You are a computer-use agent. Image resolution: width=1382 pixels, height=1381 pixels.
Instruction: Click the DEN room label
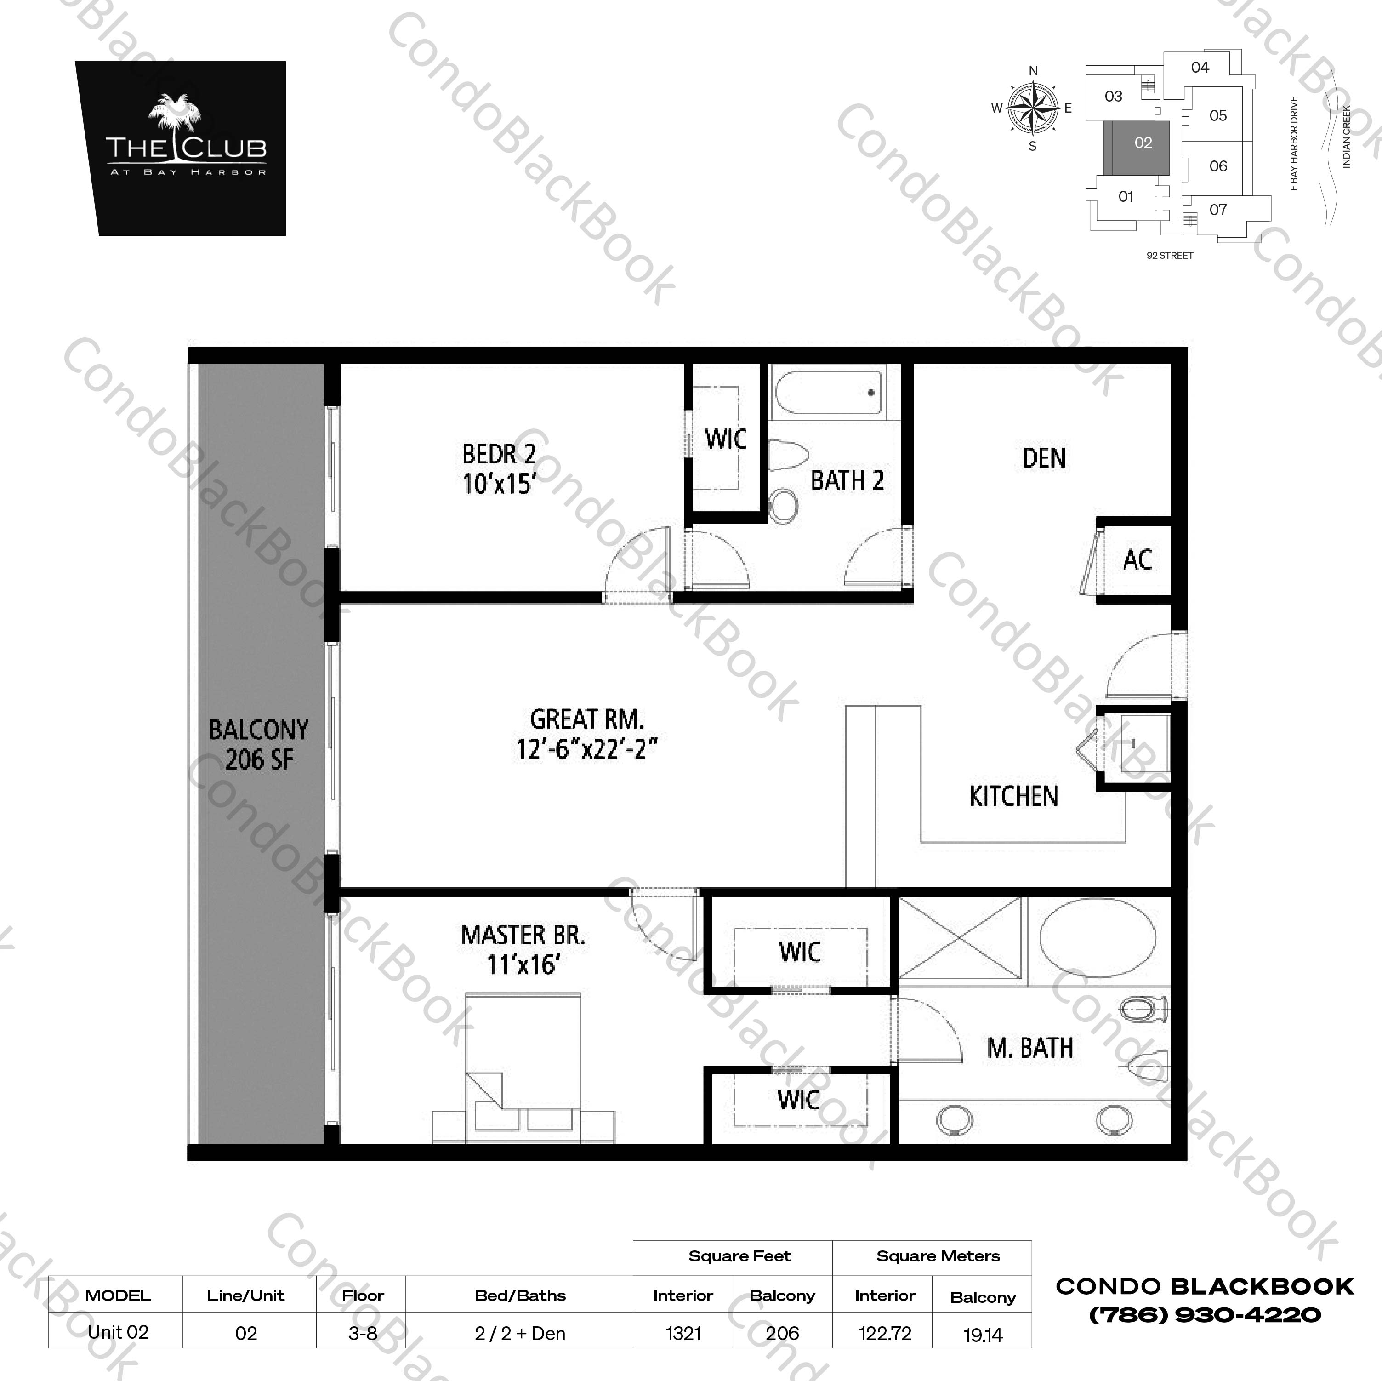[1044, 458]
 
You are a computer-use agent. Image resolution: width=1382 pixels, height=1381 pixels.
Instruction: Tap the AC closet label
[1137, 559]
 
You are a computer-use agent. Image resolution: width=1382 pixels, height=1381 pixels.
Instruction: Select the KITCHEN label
[1013, 796]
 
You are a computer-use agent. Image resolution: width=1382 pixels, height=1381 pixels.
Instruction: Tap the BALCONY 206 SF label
[259, 744]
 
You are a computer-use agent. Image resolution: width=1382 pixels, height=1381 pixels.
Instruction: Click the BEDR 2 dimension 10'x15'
[499, 485]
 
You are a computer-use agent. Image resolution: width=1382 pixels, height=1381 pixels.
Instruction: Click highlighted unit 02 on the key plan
[1143, 143]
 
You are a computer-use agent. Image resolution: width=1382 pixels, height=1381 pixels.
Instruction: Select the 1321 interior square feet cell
[683, 1333]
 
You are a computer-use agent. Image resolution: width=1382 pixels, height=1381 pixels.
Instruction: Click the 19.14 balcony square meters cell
[983, 1335]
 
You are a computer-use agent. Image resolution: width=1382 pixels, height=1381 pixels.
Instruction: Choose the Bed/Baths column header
[520, 1295]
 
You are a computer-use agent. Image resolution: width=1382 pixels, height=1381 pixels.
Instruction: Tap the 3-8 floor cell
[363, 1333]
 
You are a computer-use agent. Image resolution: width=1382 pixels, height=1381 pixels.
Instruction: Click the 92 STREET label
[1170, 256]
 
